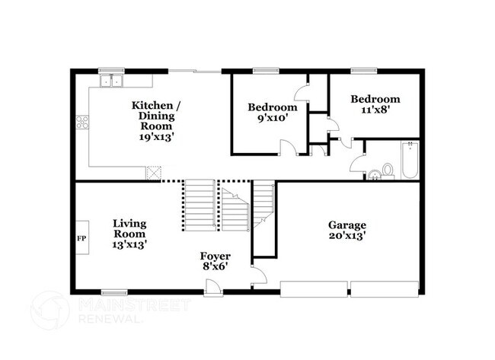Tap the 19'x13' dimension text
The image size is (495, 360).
coord(156,139)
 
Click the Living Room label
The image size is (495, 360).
coord(129,229)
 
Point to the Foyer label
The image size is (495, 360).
coord(216,256)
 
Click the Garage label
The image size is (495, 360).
coord(347,225)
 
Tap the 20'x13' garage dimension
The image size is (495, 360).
coord(347,236)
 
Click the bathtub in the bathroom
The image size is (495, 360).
coord(410,160)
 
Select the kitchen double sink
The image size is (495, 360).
coord(111,80)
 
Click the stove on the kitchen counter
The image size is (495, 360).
coord(82,123)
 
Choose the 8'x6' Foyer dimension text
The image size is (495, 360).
coord(216,266)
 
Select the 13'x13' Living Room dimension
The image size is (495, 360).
coord(129,245)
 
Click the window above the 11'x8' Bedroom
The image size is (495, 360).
coord(360,72)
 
